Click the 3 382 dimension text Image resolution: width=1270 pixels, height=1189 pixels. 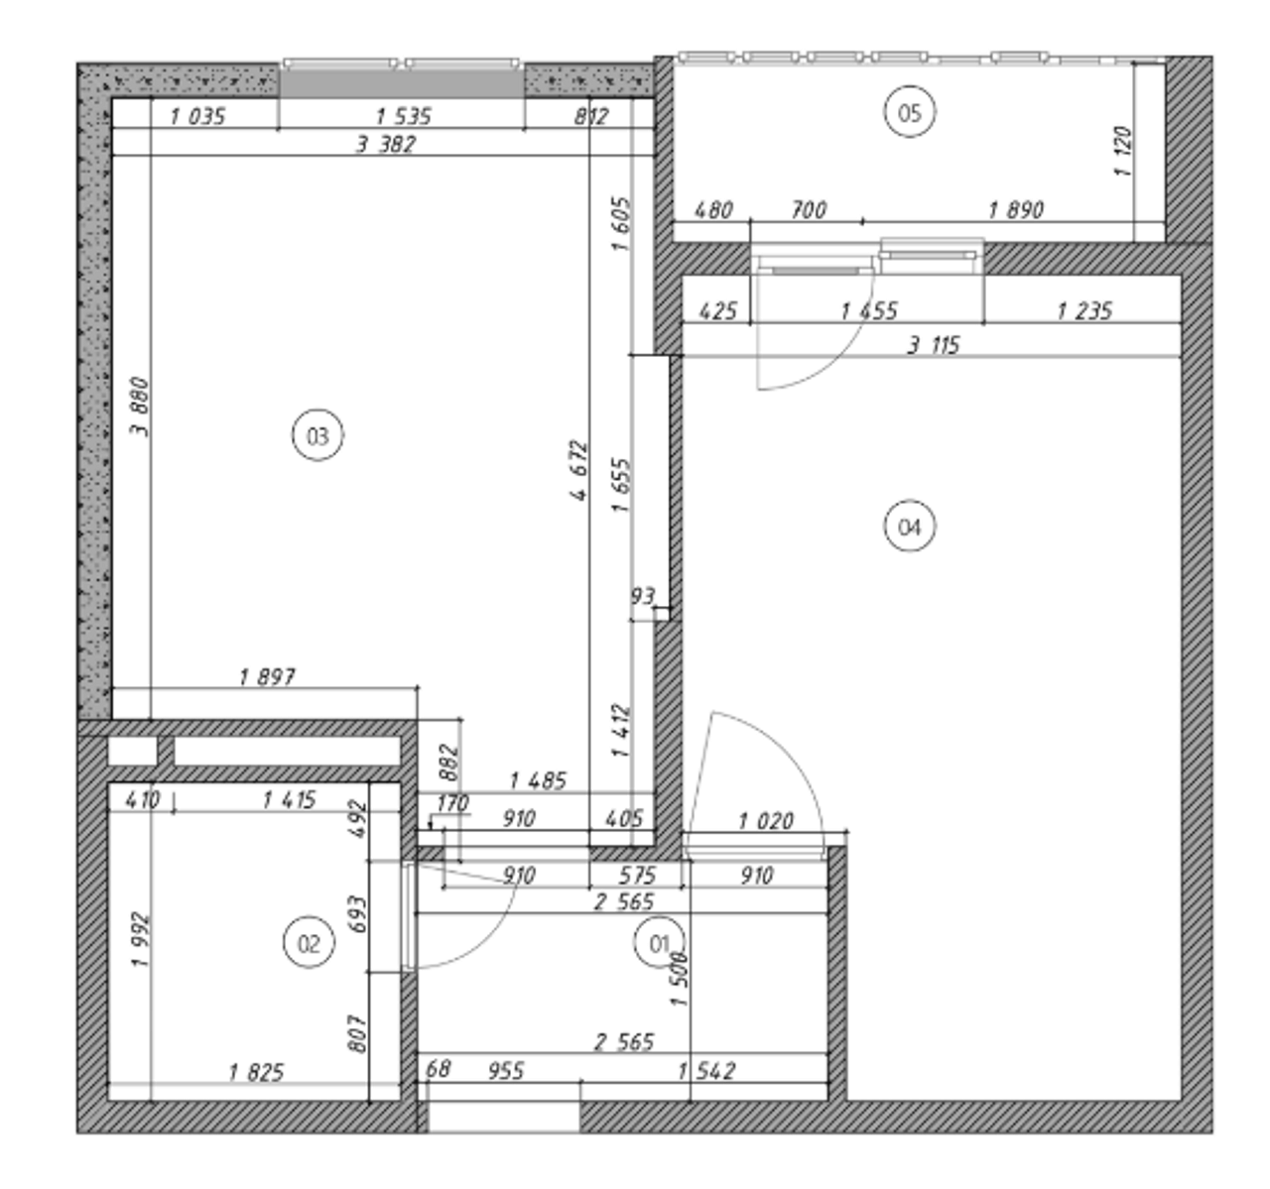(x=386, y=145)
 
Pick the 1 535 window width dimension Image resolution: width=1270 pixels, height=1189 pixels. (x=404, y=116)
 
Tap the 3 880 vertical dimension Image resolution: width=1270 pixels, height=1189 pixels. (x=140, y=408)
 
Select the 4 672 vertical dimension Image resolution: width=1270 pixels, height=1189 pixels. (x=578, y=470)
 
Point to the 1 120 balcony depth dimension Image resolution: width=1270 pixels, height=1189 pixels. (x=1123, y=152)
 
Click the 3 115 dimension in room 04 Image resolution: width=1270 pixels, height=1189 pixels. (x=934, y=345)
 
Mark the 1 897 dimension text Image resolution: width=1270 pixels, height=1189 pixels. (x=267, y=676)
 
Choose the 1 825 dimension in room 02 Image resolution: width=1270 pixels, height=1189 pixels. (x=256, y=1072)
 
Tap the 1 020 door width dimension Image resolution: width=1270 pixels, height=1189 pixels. (x=766, y=820)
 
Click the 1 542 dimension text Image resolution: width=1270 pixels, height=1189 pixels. (x=706, y=1070)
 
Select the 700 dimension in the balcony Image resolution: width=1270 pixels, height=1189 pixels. (x=809, y=209)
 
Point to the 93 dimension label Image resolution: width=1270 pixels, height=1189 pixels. (x=643, y=596)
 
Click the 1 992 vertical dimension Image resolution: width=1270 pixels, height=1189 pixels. (x=141, y=940)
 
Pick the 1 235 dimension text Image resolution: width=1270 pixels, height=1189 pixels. (x=1084, y=310)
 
